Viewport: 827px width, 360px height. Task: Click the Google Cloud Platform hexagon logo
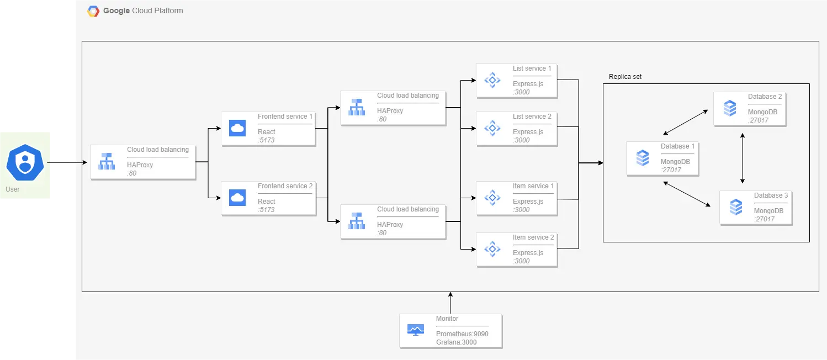coord(93,11)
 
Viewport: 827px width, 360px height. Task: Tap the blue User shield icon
coord(24,162)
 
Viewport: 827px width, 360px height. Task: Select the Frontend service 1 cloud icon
coord(237,129)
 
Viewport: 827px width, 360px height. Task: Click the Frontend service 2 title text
coord(285,186)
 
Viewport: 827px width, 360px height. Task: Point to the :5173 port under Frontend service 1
coord(266,140)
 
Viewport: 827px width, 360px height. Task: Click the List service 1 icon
coord(492,81)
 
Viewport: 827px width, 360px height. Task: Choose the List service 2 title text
coord(532,117)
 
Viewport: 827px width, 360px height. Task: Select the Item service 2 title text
coord(533,237)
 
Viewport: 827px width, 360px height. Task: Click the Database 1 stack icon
coord(643,158)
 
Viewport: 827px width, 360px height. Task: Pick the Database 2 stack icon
coord(730,109)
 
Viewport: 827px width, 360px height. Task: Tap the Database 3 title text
coord(771,195)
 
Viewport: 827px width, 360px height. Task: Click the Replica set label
coord(625,77)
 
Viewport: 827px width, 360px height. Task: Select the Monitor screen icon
coord(416,330)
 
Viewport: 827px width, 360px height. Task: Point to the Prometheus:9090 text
coord(462,334)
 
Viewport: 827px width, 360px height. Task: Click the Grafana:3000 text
coord(456,342)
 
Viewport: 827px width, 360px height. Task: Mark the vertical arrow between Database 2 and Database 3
coord(743,158)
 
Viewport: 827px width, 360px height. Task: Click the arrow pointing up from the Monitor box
coord(450,303)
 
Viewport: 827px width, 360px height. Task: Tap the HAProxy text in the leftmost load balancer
coord(140,165)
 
